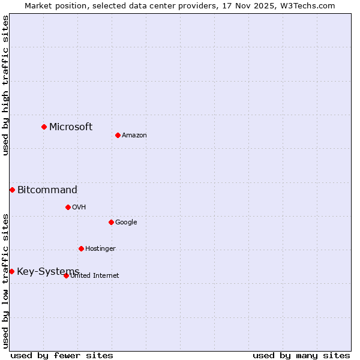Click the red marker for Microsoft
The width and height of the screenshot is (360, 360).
(44, 127)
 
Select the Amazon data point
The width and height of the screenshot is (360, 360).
(118, 135)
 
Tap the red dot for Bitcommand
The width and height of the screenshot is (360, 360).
(12, 190)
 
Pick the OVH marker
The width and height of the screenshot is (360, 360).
(68, 207)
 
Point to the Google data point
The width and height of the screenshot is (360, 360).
(111, 222)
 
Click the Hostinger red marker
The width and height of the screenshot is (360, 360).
(81, 248)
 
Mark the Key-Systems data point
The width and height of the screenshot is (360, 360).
(11, 271)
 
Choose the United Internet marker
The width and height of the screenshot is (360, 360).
(66, 275)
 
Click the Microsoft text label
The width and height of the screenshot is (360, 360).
(71, 127)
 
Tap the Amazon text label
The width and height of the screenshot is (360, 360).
(134, 135)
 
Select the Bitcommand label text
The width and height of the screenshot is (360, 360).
(47, 190)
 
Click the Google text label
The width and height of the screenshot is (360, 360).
(126, 222)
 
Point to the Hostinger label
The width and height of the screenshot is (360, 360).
(100, 248)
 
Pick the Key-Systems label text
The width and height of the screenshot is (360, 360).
(48, 272)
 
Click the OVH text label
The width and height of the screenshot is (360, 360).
(79, 207)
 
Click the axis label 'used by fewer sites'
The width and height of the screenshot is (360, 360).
(62, 355)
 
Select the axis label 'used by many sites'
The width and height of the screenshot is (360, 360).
(301, 355)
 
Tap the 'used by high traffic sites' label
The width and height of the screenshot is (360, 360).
(5, 85)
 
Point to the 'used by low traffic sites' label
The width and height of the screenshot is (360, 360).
(5, 281)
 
